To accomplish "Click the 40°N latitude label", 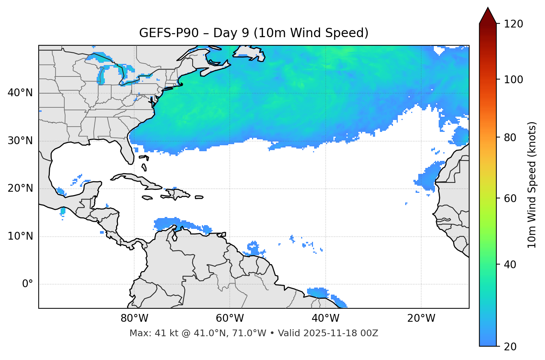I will pos(20,93).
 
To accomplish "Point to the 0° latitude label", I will pos(28,284).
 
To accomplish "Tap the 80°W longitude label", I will pos(134,318).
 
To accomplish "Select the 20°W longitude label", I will pos(421,318).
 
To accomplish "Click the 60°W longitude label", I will pos(230,318).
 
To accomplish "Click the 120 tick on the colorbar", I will pos(513,24).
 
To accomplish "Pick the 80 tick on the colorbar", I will pos(512,137).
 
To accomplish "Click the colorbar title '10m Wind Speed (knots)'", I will pos(532,185).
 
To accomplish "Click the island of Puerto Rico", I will pos(199,197).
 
